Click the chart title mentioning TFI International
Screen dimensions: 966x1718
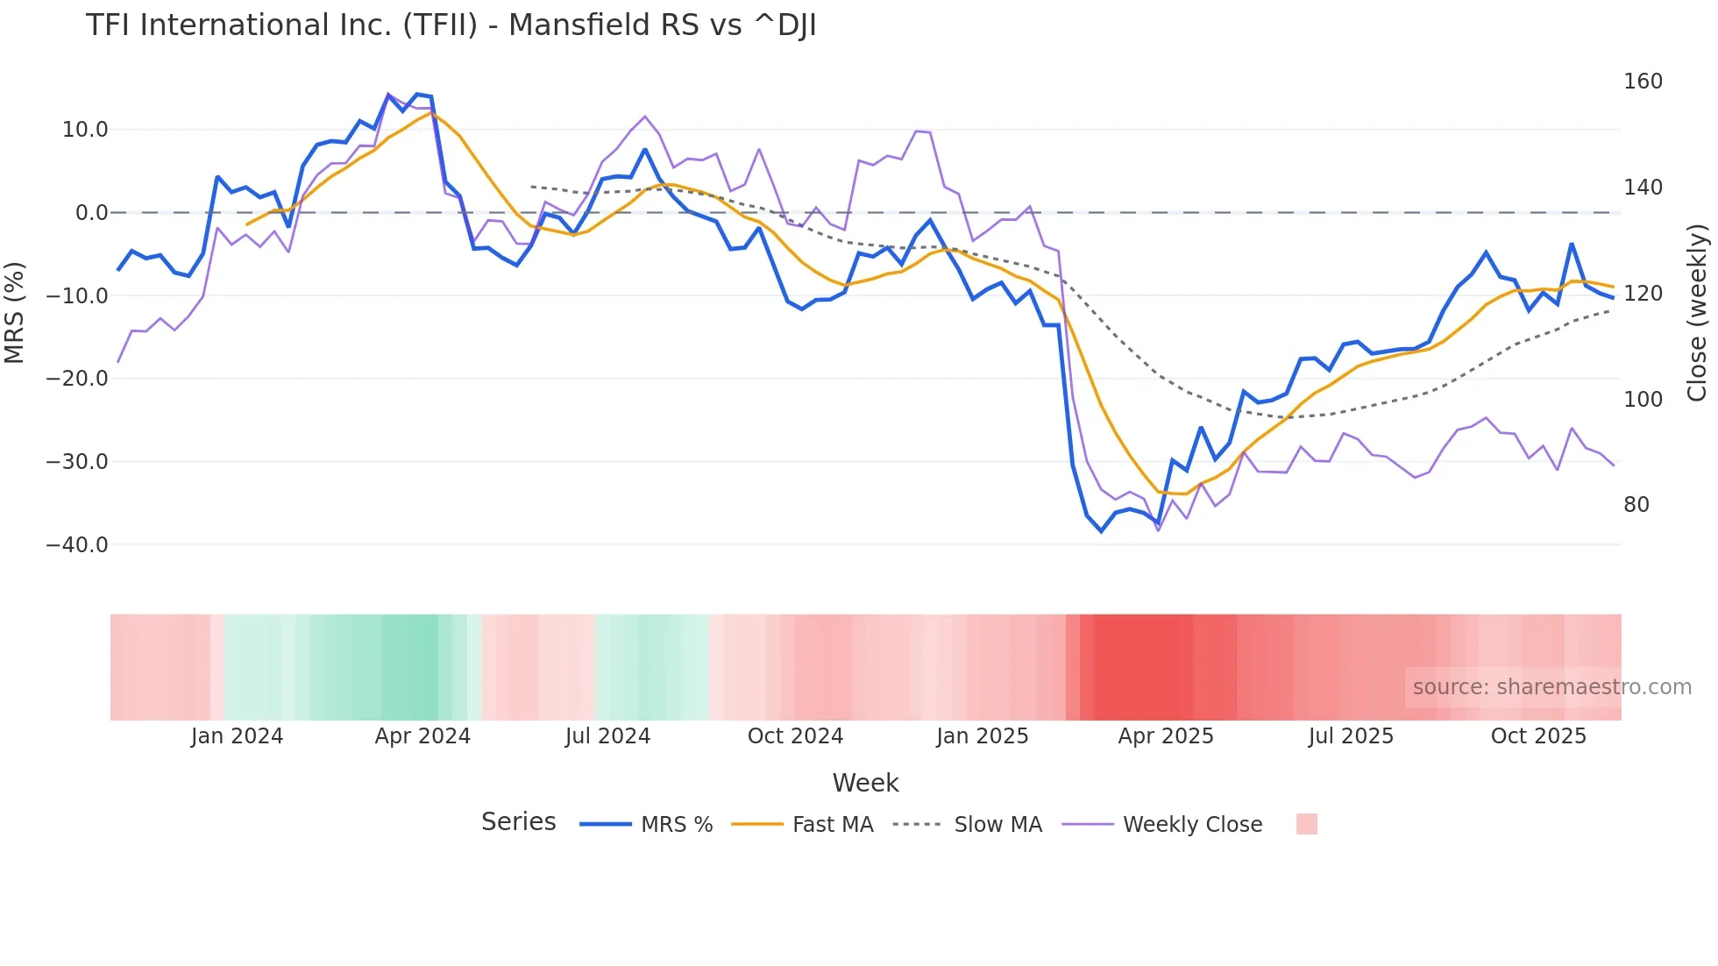coord(451,25)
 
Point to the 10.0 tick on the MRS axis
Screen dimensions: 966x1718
coord(85,130)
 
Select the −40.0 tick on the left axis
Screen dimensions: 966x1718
coord(77,544)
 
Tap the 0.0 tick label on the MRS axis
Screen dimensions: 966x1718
coord(91,213)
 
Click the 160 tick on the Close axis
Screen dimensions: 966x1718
coord(1643,82)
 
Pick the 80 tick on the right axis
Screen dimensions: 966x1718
coord(1636,505)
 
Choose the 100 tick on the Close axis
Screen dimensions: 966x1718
coord(1643,400)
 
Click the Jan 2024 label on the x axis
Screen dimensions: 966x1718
coord(237,736)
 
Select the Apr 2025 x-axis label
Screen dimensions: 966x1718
coord(1165,736)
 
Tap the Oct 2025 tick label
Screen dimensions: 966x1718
coord(1538,736)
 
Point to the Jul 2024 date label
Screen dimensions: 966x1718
coord(607,736)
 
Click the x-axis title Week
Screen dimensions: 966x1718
coord(865,783)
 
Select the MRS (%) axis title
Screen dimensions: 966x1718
coord(14,312)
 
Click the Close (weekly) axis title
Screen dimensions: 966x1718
coord(1697,312)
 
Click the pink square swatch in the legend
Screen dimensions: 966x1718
coord(1306,824)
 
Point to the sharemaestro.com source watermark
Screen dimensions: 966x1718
coord(1551,687)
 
